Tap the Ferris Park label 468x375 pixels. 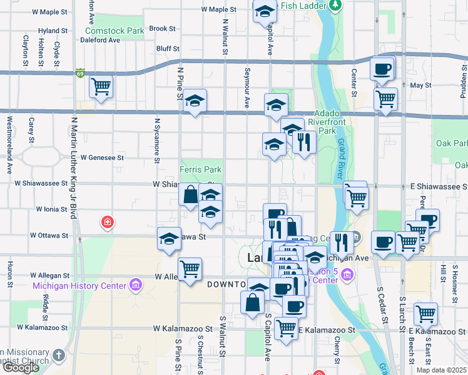pos(200,169)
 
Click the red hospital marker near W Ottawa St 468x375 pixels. pos(108,222)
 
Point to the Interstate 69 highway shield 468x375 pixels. pos(79,73)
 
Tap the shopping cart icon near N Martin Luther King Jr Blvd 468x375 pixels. pos(101,86)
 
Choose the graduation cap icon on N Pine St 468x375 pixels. pos(195,100)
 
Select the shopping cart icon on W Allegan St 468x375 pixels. pos(190,269)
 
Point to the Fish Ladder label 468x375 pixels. pos(304,6)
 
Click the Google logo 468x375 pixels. pos(21,367)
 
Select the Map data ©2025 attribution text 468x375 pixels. pos(441,370)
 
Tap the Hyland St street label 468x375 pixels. pos(53,31)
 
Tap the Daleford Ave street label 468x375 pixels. pos(99,40)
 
